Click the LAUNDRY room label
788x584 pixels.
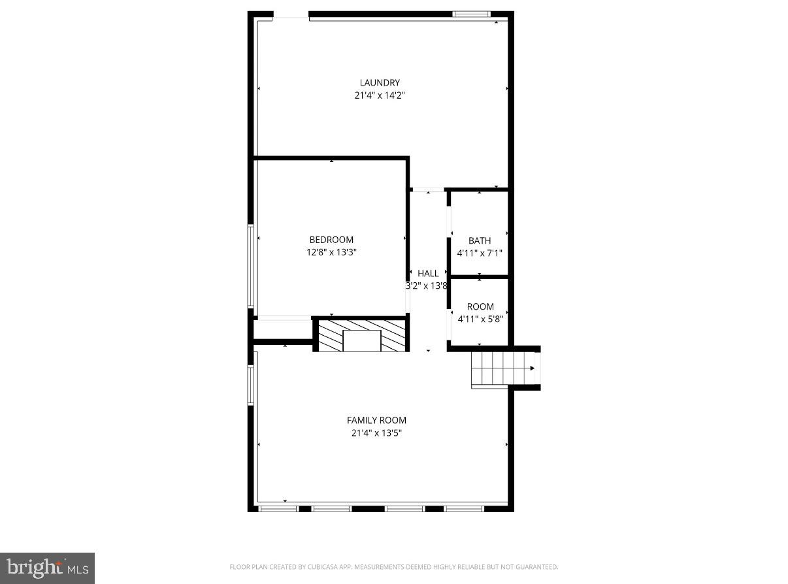(380, 83)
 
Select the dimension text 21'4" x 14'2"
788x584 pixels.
(380, 95)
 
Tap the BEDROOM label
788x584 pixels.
(331, 240)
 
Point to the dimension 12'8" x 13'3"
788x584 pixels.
(331, 252)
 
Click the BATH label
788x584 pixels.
(480, 241)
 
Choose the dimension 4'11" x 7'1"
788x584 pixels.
(480, 253)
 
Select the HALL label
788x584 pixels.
(429, 274)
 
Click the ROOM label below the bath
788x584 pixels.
(480, 307)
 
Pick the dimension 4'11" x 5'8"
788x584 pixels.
(480, 319)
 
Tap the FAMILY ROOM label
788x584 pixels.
(376, 421)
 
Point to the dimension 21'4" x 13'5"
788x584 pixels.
(376, 433)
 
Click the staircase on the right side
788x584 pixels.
(500, 368)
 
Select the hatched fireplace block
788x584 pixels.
(362, 335)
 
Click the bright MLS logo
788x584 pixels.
(47, 568)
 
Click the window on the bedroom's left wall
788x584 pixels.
(250, 266)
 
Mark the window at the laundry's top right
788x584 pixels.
(471, 14)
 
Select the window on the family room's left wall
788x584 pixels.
(250, 385)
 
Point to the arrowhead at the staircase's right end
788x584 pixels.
(533, 368)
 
